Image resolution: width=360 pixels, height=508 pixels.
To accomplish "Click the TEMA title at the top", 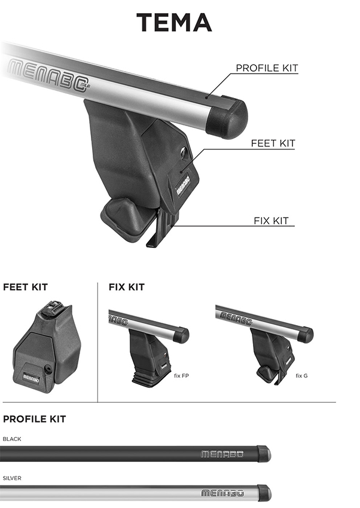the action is [x=174, y=22].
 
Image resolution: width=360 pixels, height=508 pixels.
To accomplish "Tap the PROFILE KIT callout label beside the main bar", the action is [x=267, y=68].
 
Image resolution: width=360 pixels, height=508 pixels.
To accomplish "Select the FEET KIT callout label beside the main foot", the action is [x=273, y=143].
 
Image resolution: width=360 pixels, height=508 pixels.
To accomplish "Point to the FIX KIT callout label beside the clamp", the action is [x=271, y=221].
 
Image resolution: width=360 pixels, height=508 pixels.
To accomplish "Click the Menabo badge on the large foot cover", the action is [x=183, y=185].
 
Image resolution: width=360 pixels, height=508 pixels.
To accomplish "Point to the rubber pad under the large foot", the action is [x=125, y=218].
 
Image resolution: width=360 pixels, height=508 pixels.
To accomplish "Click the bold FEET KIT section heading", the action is [x=25, y=287].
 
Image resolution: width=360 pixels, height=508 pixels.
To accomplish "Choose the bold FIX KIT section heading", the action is [x=126, y=287].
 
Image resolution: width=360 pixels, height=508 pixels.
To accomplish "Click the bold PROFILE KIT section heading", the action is [x=34, y=419].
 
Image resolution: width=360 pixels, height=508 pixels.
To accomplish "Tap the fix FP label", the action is [x=181, y=376].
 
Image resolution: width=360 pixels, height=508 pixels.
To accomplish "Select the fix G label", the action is [x=301, y=376].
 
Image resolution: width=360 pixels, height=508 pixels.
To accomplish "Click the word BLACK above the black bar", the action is [x=12, y=439].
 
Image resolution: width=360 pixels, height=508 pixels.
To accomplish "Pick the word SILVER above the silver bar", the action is [x=12, y=478].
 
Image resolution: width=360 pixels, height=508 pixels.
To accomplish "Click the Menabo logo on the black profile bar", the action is [x=222, y=454].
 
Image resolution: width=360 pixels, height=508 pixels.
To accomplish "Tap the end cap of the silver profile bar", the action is [x=264, y=493].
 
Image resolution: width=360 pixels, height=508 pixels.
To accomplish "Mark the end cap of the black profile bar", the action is [x=264, y=454].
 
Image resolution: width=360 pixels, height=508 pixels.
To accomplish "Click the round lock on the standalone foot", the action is [x=48, y=369].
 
